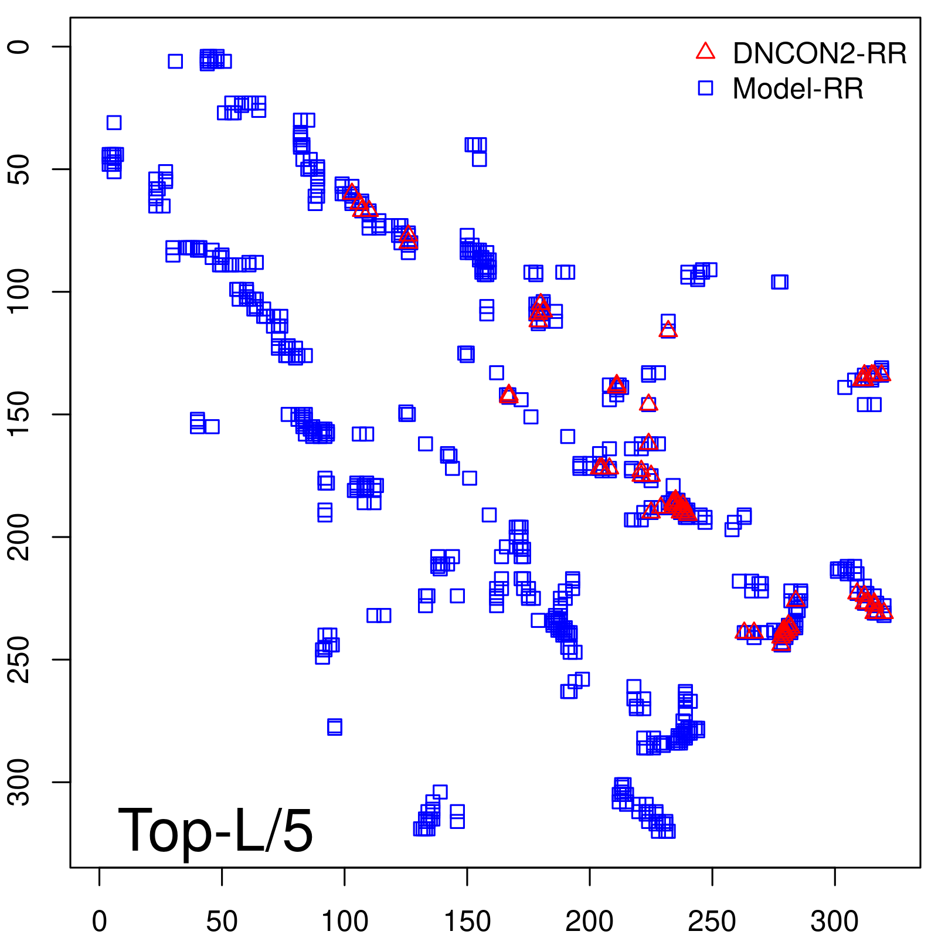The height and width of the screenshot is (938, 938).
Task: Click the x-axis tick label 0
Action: [x=100, y=922]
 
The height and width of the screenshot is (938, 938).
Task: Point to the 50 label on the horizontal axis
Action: [x=222, y=922]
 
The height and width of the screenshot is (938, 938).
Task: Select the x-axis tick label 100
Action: [x=345, y=922]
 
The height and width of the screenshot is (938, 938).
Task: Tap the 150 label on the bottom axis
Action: [x=467, y=922]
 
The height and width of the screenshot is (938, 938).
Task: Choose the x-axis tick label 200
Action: [x=590, y=922]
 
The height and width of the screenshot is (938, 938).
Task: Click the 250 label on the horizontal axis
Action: [x=712, y=922]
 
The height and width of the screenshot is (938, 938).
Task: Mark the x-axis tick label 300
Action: [x=835, y=922]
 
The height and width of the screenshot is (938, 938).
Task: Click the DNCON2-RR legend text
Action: [x=820, y=53]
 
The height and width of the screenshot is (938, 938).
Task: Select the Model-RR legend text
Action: [x=798, y=89]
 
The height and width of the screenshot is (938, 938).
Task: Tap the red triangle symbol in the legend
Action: [x=705, y=52]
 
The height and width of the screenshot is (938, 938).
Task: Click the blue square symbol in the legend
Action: [x=705, y=88]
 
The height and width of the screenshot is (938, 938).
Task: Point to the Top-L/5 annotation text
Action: [x=215, y=830]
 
